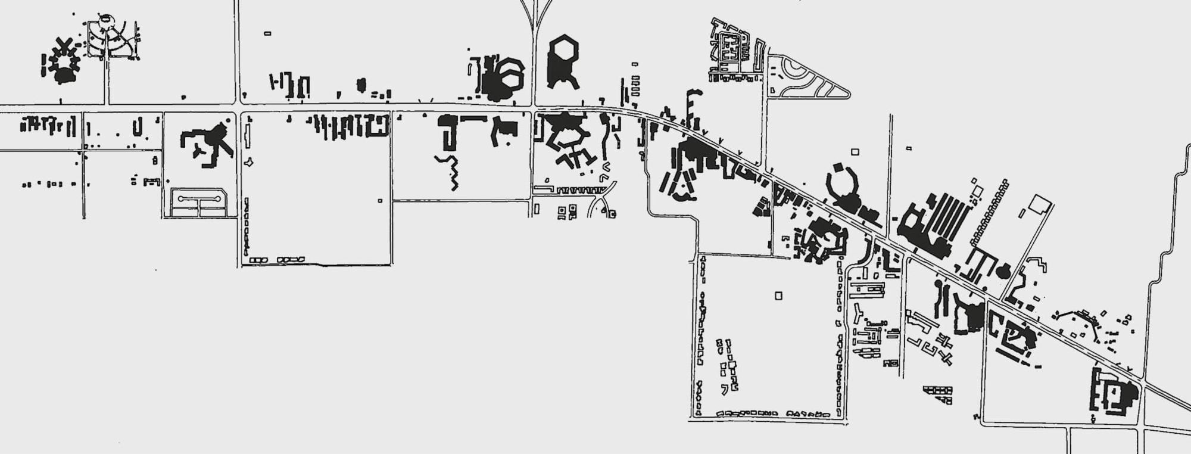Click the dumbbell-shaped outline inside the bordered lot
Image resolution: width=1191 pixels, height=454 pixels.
199,198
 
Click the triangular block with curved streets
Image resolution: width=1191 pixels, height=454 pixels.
804,77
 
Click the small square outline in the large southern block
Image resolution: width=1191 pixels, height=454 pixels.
778,296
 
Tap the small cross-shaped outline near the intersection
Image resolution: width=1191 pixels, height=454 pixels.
248,161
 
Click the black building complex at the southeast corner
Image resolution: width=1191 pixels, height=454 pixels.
1112,391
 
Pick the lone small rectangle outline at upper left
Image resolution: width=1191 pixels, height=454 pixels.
267,33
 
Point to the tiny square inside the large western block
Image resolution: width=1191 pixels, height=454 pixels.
380,201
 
